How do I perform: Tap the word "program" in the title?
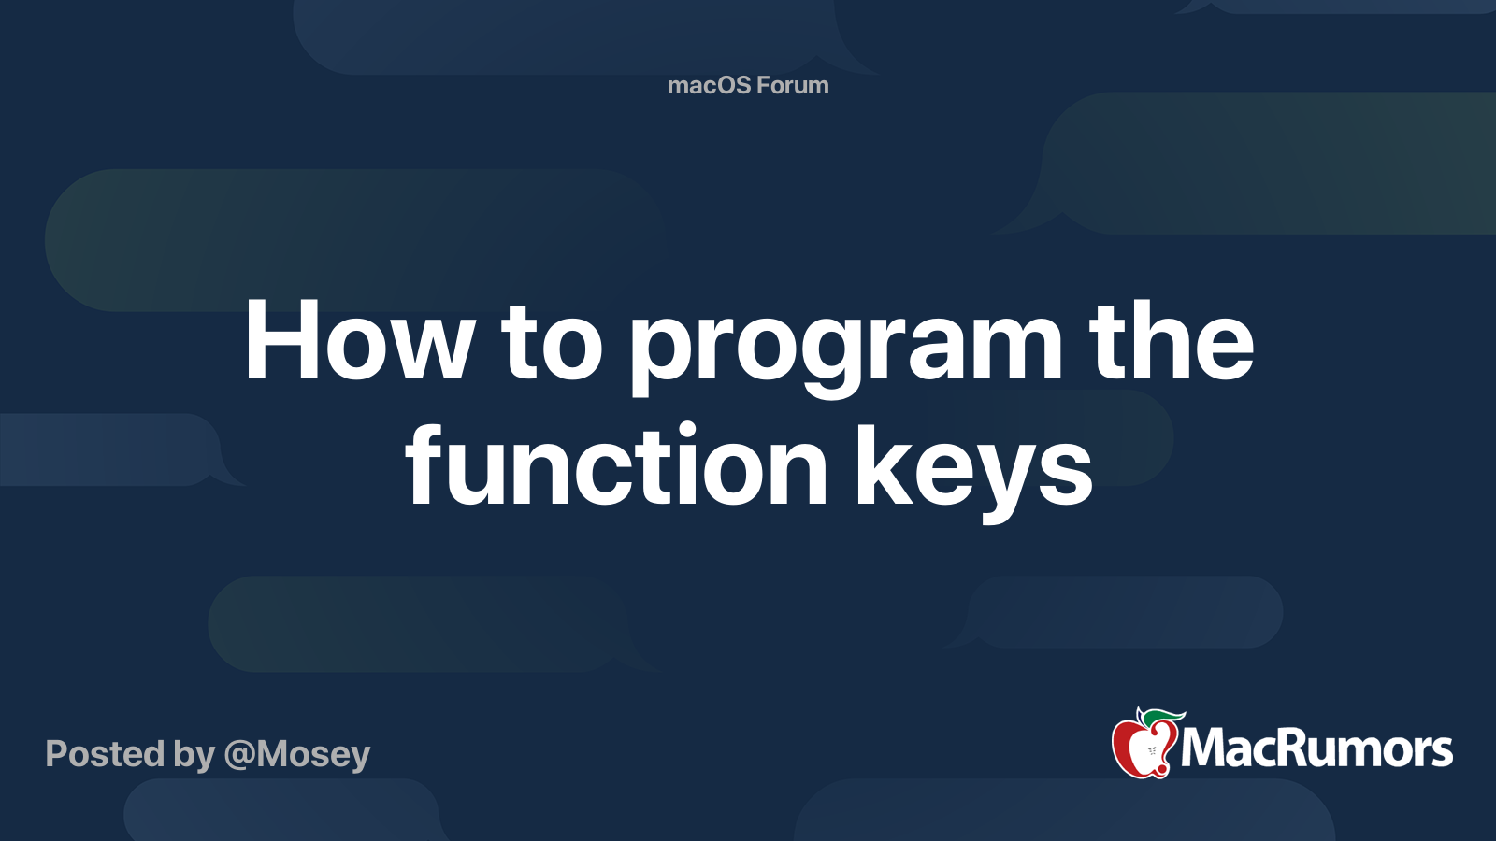[846, 348]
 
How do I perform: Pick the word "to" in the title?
[552, 344]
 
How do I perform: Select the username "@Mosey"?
[297, 755]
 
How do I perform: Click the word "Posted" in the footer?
[106, 753]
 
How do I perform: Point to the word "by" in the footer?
[194, 755]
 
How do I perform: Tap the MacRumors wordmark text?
[1316, 748]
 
